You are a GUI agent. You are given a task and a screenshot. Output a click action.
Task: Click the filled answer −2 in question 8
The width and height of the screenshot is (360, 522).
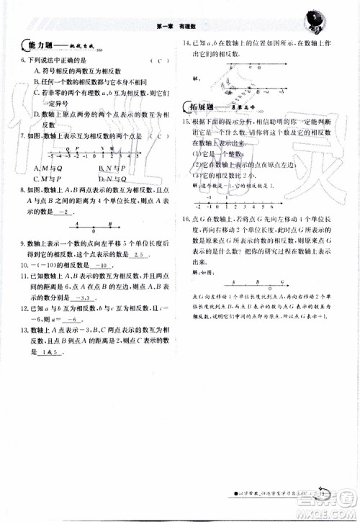point(65,214)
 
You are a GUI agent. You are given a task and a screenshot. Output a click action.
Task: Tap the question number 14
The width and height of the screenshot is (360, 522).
point(186,43)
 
